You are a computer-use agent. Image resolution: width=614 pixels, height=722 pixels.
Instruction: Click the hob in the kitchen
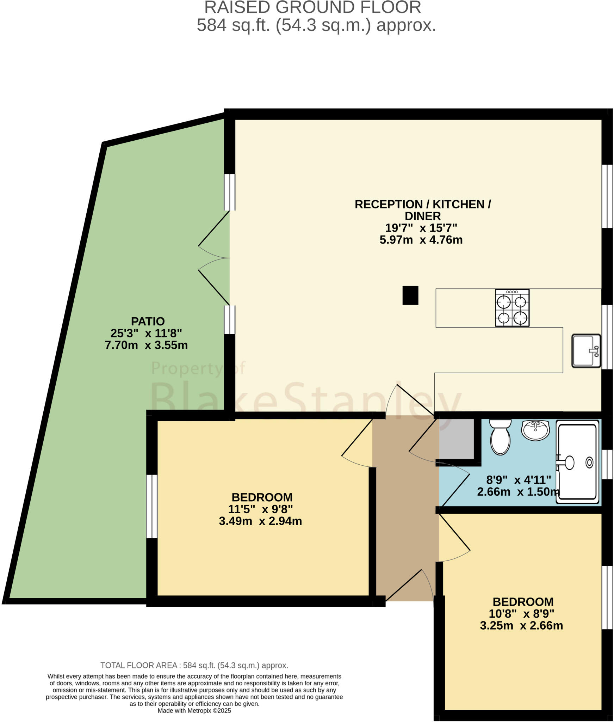coord(512,308)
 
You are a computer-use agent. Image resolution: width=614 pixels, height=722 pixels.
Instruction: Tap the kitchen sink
coord(585,351)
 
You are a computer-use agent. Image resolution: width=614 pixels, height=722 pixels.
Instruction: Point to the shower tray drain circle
coord(589,462)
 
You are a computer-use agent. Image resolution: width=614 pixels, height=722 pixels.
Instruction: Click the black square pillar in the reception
coord(410,295)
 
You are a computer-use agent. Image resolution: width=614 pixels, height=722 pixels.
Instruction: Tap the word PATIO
coord(148,321)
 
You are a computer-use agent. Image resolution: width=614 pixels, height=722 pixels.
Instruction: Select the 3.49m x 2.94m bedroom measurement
coord(260,521)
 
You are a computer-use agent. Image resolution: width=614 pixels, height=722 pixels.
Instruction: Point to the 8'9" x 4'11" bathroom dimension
coord(518,480)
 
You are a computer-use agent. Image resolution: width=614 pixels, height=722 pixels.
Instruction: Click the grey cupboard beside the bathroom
coord(456,439)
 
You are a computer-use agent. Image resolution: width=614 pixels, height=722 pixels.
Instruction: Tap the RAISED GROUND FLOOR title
coord(312,8)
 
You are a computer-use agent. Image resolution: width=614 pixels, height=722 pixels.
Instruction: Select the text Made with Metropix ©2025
coord(194,711)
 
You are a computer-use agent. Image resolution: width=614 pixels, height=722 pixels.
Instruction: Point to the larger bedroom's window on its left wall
coord(152,506)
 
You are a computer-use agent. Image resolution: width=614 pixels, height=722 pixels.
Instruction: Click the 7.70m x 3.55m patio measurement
coord(146,345)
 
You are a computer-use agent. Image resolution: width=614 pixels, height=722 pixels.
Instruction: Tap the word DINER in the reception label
coord(422,216)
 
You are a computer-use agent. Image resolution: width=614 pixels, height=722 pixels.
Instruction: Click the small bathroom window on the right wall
coord(607,464)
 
